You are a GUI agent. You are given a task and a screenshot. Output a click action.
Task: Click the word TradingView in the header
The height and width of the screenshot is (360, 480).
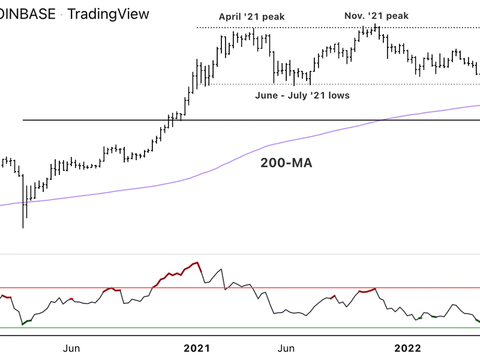coord(109,13)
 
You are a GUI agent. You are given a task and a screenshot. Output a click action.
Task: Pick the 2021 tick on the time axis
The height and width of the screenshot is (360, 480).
coord(196,348)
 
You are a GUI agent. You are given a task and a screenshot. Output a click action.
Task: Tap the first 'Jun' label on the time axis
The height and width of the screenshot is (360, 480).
coord(71,348)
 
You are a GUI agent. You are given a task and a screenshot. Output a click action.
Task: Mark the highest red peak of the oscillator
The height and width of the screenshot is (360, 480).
coord(196,263)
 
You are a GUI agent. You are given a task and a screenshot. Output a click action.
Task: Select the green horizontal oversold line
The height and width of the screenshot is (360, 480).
coord(240,328)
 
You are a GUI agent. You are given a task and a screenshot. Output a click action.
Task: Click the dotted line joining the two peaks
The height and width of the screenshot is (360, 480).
coord(312,28)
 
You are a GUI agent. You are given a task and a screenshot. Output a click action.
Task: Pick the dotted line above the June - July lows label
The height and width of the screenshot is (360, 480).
coord(360,84)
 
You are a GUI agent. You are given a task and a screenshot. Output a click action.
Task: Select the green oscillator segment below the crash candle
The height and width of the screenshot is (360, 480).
coord(26,322)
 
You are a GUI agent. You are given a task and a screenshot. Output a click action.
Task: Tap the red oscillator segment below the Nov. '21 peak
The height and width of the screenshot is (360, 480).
coord(367,291)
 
